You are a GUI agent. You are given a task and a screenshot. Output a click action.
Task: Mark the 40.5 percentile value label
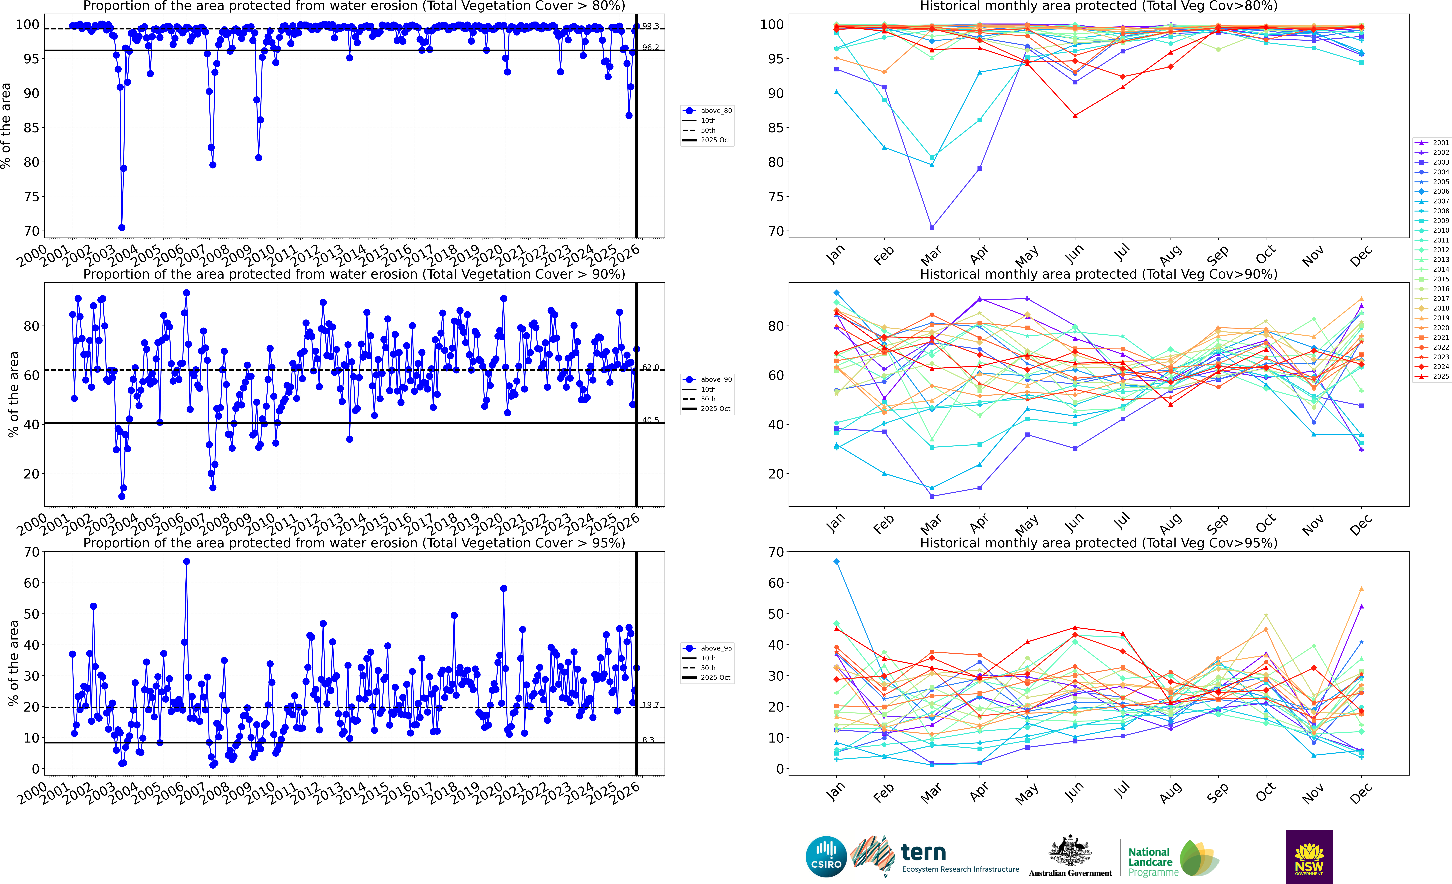pos(651,420)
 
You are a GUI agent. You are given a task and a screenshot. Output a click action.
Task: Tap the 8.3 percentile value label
pos(648,740)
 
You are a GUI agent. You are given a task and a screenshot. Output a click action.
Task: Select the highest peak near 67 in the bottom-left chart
pos(186,562)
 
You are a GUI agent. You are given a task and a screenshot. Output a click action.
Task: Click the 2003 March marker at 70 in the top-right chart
pos(932,227)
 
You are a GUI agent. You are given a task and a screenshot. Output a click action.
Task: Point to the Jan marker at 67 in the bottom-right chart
pos(836,562)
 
